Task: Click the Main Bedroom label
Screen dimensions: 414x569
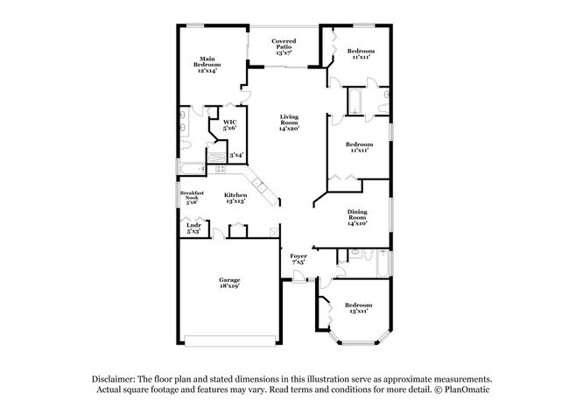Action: coord(207,60)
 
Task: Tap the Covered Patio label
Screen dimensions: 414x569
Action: coord(284,41)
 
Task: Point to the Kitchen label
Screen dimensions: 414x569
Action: coord(235,194)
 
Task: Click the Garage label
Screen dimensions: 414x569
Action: coord(230,279)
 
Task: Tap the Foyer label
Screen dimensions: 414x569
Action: coord(298,255)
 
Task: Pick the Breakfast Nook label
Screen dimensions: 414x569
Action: coord(192,195)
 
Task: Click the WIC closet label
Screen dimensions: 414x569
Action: coord(229,122)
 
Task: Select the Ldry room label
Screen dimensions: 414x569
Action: coord(193,225)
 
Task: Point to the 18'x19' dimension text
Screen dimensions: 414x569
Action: coord(230,286)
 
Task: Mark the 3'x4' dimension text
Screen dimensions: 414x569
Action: coord(235,155)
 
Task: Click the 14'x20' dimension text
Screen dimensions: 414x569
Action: coord(290,129)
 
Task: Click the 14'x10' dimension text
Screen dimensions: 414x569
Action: coord(357,223)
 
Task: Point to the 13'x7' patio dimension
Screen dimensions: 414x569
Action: coord(284,53)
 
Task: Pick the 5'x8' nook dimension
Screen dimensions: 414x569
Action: coord(192,202)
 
